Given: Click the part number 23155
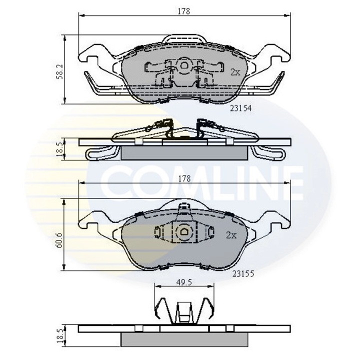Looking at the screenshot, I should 242,274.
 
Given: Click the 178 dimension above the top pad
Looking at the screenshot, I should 184,10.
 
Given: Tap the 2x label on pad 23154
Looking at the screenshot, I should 235,72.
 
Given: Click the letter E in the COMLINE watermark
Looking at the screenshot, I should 288,182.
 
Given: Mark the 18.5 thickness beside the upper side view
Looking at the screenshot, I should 60,149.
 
